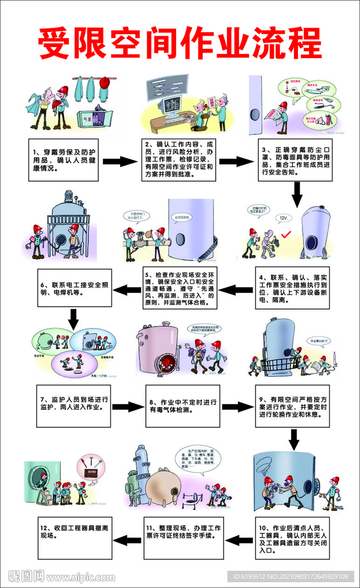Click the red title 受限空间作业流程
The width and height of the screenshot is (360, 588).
tap(180, 43)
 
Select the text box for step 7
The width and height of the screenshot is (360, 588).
tap(72, 406)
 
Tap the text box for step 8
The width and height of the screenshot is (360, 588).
tap(182, 406)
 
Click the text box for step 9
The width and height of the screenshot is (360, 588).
tap(293, 406)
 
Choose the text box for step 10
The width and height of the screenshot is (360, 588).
tap(293, 538)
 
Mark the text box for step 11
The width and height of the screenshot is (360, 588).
tap(180, 538)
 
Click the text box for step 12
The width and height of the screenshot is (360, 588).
tap(72, 538)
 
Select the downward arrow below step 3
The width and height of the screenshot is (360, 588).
tap(296, 194)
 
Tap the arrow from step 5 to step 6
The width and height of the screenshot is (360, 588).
tap(127, 290)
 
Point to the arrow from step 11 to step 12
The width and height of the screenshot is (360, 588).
tap(127, 539)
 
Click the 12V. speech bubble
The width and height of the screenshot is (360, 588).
tap(282, 219)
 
